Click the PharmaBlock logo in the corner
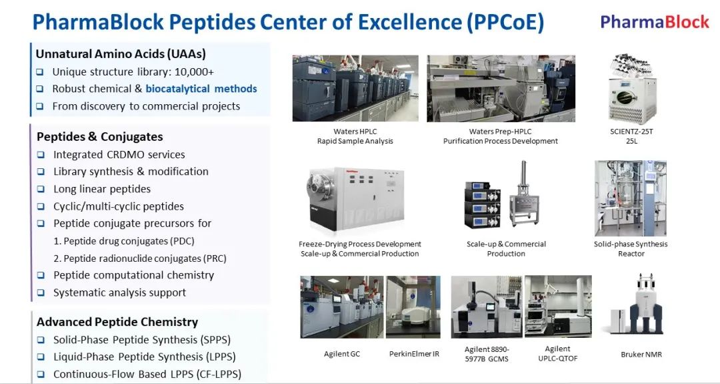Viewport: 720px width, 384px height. pyautogui.click(x=655, y=21)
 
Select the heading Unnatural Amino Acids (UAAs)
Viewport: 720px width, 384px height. pyautogui.click(x=121, y=54)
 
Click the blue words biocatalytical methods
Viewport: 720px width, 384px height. pyautogui.click(x=201, y=89)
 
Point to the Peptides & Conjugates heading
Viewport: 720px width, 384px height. pyautogui.click(x=99, y=137)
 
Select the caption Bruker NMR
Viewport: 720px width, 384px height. pyautogui.click(x=641, y=355)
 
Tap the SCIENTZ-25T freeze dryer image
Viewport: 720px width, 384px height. pyautogui.click(x=631, y=89)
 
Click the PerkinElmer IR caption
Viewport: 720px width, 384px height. pyautogui.click(x=414, y=354)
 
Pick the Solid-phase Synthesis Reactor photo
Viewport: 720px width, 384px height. pyautogui.click(x=631, y=198)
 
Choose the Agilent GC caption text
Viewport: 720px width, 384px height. pyautogui.click(x=342, y=354)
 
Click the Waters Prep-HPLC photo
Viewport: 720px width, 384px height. pyautogui.click(x=501, y=89)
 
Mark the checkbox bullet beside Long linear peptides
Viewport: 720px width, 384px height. pyautogui.click(x=41, y=189)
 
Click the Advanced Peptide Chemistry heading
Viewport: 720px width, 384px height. pyautogui.click(x=117, y=322)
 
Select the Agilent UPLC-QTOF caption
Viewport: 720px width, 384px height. pyautogui.click(x=558, y=353)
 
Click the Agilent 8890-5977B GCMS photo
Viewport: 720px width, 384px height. pyautogui.click(x=487, y=307)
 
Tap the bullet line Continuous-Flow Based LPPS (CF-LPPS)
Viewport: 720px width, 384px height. pyautogui.click(x=147, y=375)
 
